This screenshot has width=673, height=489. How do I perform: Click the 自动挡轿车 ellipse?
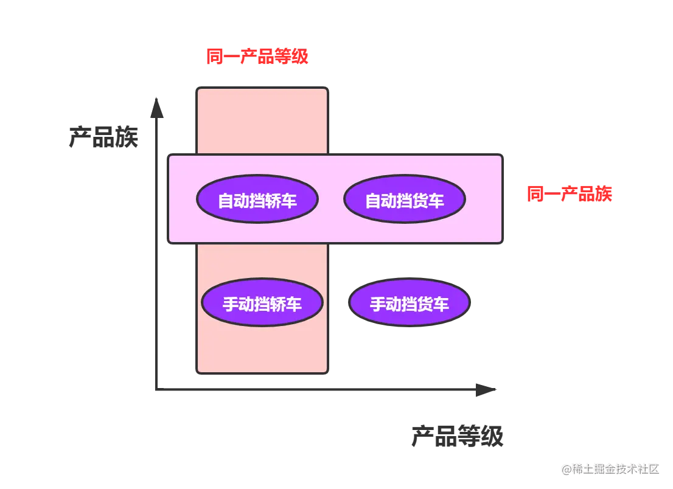tap(257, 199)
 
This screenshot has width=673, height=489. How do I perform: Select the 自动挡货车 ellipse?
tap(404, 199)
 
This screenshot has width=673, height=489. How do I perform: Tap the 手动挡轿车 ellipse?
tap(262, 303)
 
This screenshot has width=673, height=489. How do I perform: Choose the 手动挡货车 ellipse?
tap(409, 303)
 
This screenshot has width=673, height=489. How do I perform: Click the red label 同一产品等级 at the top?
tap(257, 57)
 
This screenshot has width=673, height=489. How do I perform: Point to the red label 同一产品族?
tap(569, 194)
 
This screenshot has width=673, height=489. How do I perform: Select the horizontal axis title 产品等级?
tap(457, 435)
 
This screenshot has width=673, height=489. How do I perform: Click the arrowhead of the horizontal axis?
tap(484, 389)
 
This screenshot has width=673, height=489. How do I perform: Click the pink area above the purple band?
tap(262, 120)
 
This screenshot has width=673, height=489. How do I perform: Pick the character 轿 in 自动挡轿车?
tap(273, 201)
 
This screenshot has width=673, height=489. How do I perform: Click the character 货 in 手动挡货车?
tap(425, 304)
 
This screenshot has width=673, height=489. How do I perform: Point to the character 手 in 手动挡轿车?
tap(231, 304)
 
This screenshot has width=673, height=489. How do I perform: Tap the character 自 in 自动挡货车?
tap(373, 201)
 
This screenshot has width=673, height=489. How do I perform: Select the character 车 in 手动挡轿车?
tap(294, 304)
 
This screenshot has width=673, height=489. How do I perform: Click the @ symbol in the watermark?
tap(567, 468)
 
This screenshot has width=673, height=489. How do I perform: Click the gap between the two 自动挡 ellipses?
tap(330, 199)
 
